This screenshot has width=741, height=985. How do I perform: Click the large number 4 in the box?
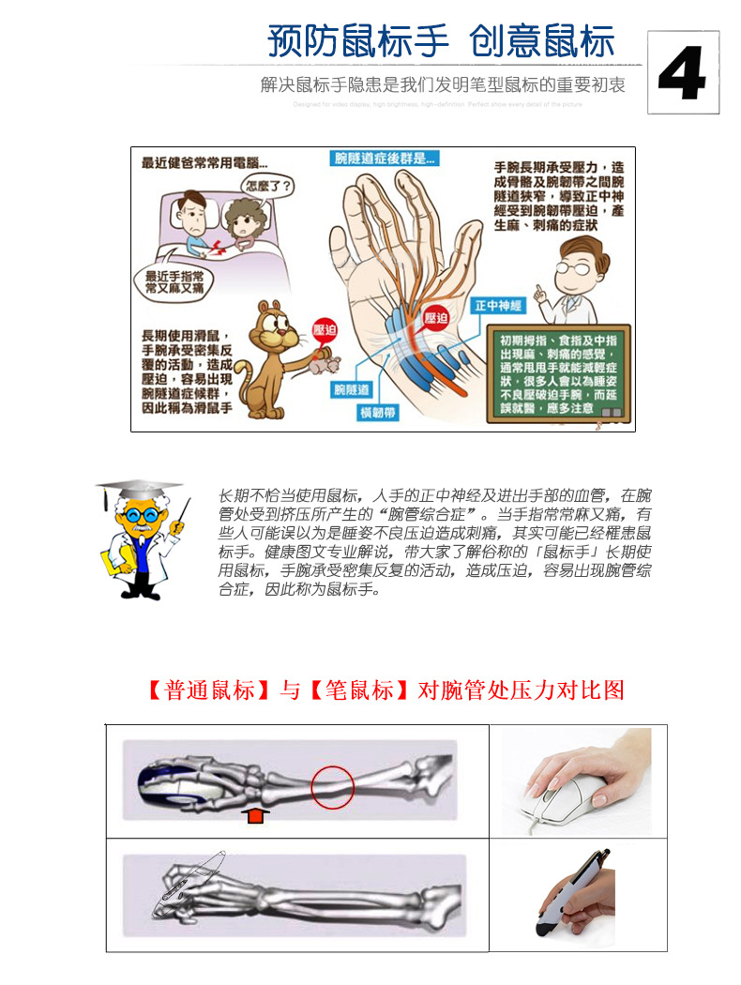pyautogui.click(x=682, y=73)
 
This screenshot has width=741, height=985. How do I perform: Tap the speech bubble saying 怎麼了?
pyautogui.click(x=267, y=184)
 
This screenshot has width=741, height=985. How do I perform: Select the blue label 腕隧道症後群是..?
pyautogui.click(x=386, y=159)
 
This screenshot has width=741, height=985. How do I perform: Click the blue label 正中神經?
pyautogui.click(x=497, y=306)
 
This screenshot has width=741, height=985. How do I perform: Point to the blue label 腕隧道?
pyautogui.click(x=351, y=388)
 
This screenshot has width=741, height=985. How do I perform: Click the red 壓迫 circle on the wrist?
pyautogui.click(x=436, y=318)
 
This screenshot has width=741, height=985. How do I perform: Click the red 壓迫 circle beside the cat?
pyautogui.click(x=325, y=331)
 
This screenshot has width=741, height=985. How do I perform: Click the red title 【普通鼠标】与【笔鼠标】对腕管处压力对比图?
pyautogui.click(x=385, y=690)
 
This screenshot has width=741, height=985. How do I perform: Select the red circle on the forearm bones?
pyautogui.click(x=332, y=786)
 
